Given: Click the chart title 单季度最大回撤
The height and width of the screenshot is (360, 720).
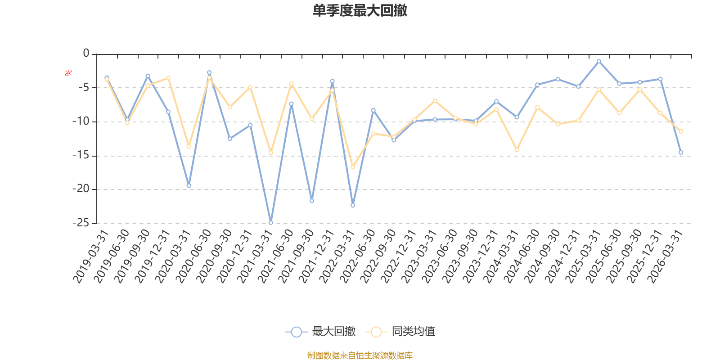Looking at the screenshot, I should [360, 11].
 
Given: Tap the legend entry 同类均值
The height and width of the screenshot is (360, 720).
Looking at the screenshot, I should [400, 332].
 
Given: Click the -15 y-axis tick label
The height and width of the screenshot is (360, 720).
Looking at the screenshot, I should [81, 156].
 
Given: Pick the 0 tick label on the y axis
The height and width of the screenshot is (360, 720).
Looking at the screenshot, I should [86, 54].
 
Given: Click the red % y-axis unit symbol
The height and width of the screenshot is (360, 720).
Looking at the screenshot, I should [68, 73].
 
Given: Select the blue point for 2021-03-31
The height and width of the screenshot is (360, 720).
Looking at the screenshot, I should [270, 223].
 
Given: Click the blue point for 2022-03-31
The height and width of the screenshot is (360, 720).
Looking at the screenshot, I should [353, 205].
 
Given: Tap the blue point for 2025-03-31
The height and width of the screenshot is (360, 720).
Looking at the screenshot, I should [599, 61].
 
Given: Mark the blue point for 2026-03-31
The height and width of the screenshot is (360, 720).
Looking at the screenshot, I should [681, 153].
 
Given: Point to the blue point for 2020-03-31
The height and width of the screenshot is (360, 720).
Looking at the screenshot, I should [189, 185].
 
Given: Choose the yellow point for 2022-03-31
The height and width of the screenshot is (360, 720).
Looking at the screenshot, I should [353, 167].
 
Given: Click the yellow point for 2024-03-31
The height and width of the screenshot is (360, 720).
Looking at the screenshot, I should [517, 150].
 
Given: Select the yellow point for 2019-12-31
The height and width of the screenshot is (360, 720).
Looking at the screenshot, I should [168, 78].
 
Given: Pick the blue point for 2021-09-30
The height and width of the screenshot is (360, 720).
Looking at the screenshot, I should [312, 201].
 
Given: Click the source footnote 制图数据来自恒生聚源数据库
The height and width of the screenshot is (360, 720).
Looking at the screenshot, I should [360, 355].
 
